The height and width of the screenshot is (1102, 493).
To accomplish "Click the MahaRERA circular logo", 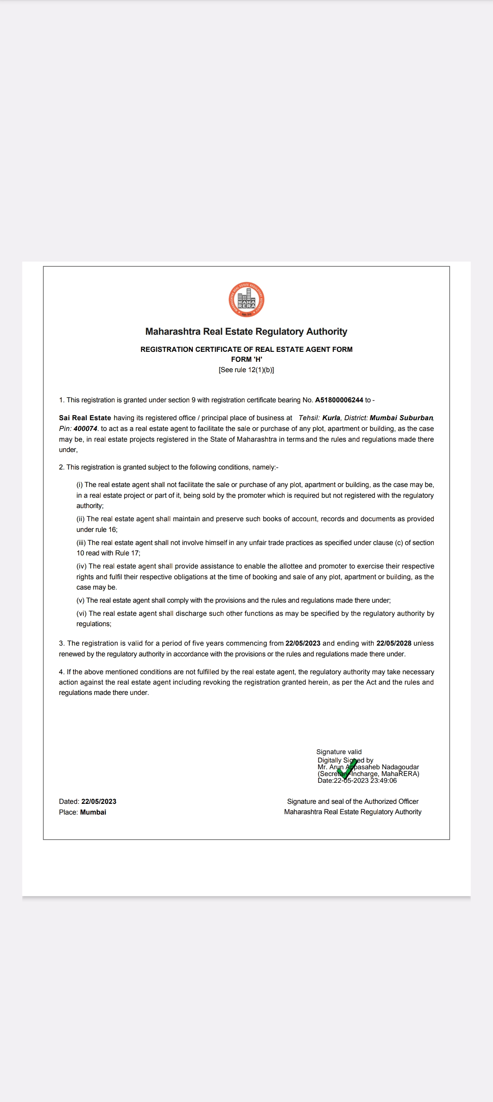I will (246, 299).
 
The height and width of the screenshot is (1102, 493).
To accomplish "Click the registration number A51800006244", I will (339, 400).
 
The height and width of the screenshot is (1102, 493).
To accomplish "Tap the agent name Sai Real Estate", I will (85, 418).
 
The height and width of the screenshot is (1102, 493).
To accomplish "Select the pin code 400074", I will (85, 429).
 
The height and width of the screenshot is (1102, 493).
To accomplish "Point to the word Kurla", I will (331, 418).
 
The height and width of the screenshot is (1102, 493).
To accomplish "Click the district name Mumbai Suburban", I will (401, 418).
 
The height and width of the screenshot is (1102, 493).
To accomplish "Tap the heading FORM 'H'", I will (246, 359).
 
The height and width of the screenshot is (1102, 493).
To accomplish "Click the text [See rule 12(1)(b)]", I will (246, 370).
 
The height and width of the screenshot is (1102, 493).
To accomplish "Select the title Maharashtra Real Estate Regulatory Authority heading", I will (246, 332).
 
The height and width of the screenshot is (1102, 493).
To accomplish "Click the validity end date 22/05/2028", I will (394, 643).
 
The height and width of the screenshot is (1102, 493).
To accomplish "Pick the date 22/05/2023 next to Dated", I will (99, 801).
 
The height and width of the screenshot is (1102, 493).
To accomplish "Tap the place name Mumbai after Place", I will (93, 812).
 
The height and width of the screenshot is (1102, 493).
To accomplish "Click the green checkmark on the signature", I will (347, 769).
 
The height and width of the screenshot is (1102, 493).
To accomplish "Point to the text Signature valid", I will (339, 752).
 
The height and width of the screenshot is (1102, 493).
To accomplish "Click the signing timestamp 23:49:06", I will (383, 780).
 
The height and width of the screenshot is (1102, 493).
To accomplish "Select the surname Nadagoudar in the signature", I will (400, 767).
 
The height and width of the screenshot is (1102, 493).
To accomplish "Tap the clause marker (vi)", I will (82, 613).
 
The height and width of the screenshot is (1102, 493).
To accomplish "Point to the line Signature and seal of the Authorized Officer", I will (353, 801).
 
